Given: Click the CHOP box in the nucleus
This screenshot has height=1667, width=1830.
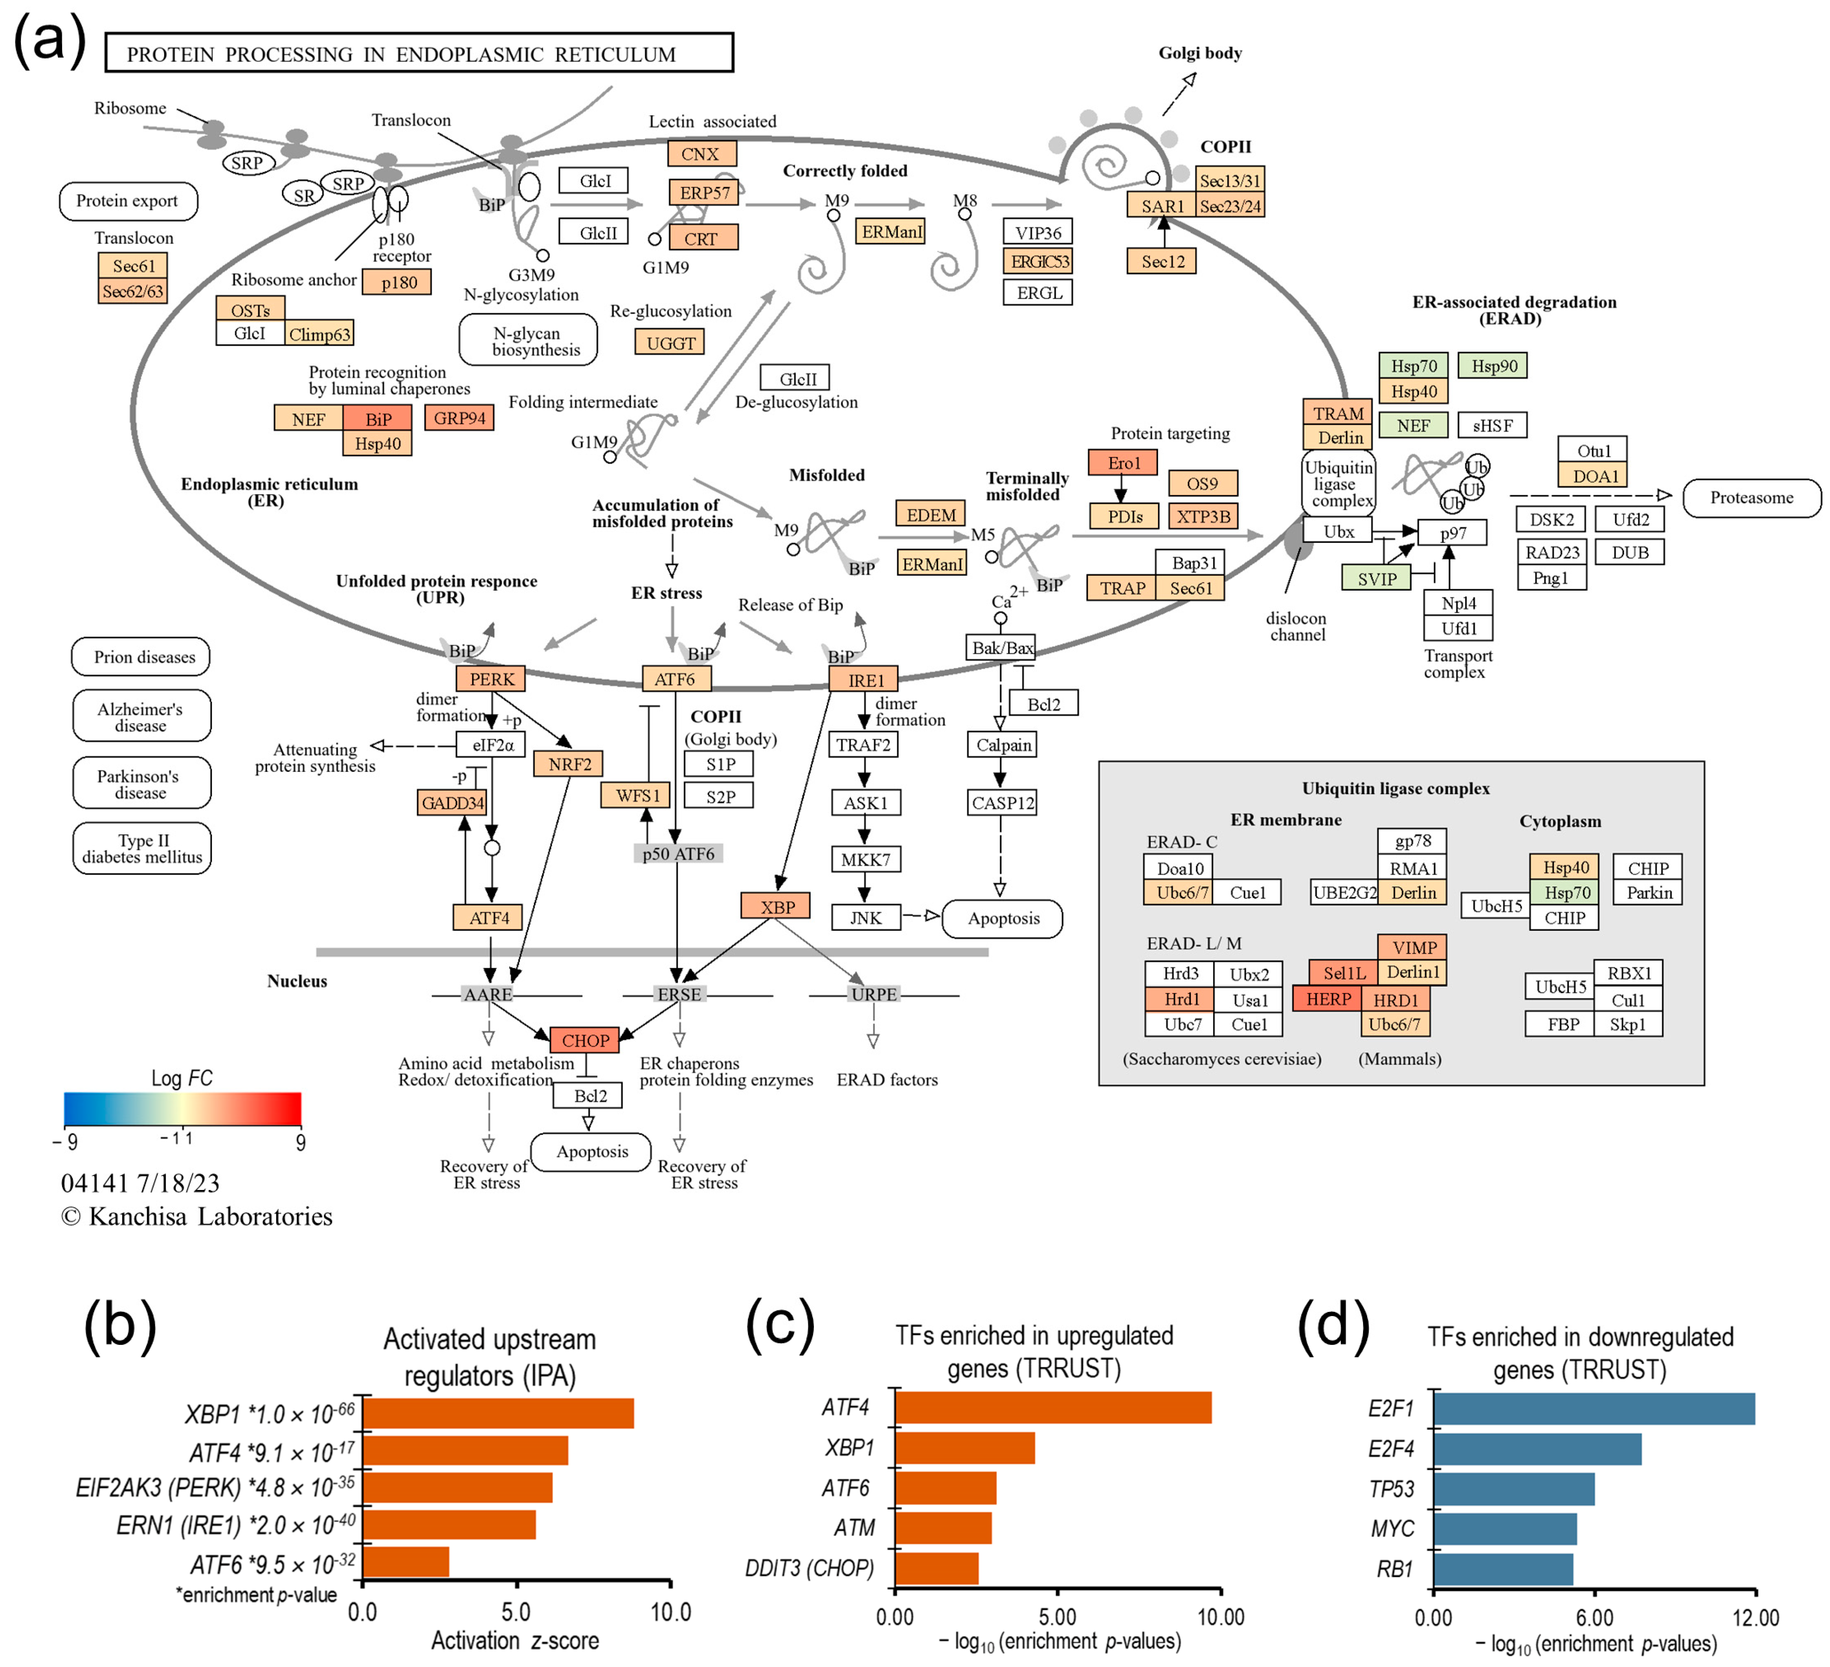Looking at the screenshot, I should click(585, 1040).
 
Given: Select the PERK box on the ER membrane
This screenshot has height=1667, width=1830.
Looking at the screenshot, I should click(491, 679).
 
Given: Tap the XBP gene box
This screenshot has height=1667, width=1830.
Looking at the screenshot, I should click(776, 906).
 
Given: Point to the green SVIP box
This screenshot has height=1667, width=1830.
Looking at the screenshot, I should click(1376, 578).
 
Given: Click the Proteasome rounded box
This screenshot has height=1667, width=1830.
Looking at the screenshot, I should click(1751, 497).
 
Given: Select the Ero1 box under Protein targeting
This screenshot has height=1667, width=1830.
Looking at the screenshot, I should click(1123, 463).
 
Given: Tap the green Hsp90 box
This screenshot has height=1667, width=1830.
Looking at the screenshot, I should click(1493, 366).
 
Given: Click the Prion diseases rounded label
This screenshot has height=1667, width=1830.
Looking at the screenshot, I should click(142, 656).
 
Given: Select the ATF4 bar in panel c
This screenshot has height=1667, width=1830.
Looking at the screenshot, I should click(1053, 1407).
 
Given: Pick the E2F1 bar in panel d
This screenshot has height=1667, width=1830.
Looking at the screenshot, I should click(1593, 1409).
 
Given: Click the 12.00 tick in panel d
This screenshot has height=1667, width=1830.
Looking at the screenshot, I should click(1755, 1617).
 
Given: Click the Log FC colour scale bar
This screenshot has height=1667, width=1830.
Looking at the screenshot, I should click(182, 1108).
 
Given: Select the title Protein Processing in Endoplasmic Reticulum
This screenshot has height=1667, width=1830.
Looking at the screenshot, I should click(419, 53).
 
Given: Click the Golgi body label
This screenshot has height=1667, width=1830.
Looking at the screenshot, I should click(1199, 53).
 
